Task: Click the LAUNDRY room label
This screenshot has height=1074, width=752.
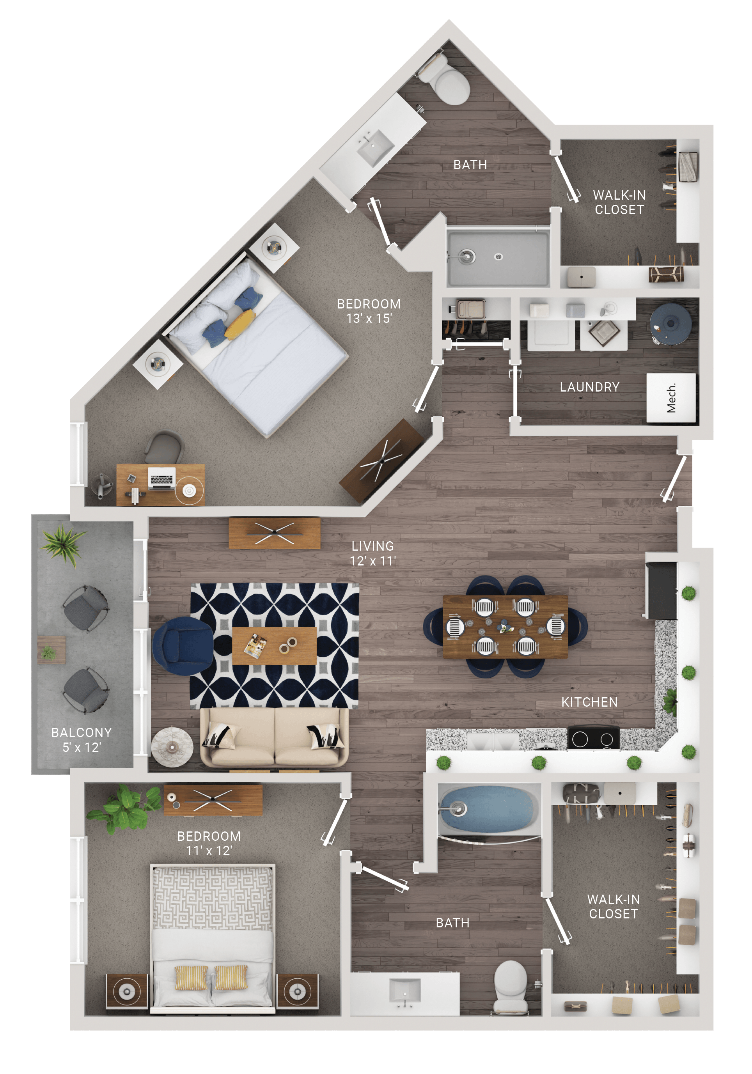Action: click(x=590, y=387)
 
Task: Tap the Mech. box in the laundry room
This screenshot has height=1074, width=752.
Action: click(x=671, y=398)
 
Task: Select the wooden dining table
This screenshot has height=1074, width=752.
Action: click(x=505, y=627)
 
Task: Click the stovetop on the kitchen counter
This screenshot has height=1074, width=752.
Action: click(x=593, y=739)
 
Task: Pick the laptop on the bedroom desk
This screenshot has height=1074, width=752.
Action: click(x=161, y=478)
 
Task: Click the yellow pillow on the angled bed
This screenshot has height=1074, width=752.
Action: click(x=240, y=324)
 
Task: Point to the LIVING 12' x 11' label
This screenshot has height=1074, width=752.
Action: click(x=372, y=553)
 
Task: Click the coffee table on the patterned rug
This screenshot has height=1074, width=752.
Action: click(x=274, y=645)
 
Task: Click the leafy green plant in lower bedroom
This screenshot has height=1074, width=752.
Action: click(x=124, y=807)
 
